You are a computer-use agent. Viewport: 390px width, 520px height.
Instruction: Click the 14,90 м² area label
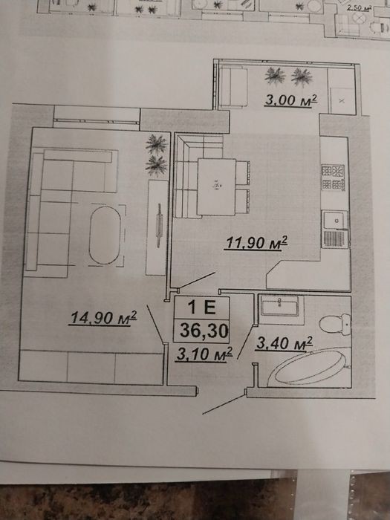(x=103, y=318)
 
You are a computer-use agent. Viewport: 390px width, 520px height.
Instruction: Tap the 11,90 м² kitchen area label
(x=256, y=242)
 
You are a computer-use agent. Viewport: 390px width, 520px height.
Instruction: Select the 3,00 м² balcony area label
(x=291, y=100)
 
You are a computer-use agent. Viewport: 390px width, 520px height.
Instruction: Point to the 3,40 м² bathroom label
(x=285, y=343)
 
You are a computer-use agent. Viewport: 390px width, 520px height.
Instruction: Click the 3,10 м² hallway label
(x=204, y=354)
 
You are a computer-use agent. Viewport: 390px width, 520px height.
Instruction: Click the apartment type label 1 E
(x=201, y=307)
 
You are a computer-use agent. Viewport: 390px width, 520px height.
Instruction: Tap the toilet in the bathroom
(x=334, y=325)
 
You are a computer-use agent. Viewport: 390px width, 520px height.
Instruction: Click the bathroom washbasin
(x=279, y=305)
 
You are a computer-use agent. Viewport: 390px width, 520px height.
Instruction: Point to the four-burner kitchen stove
(x=333, y=178)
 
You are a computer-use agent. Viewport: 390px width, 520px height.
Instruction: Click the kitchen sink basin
(x=335, y=220)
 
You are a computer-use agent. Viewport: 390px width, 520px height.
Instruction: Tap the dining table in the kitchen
(x=217, y=186)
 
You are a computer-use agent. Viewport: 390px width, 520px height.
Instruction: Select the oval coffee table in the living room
(x=105, y=235)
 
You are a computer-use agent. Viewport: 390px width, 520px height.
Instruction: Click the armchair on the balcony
(x=233, y=87)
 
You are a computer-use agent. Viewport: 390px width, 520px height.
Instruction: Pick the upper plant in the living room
(x=157, y=144)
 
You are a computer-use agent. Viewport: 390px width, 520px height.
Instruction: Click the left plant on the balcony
(x=275, y=77)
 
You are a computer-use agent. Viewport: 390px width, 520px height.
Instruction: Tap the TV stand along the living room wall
(x=157, y=227)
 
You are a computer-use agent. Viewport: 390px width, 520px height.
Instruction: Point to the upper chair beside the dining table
(x=243, y=172)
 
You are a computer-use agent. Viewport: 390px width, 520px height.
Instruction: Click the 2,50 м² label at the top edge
(x=358, y=7)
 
